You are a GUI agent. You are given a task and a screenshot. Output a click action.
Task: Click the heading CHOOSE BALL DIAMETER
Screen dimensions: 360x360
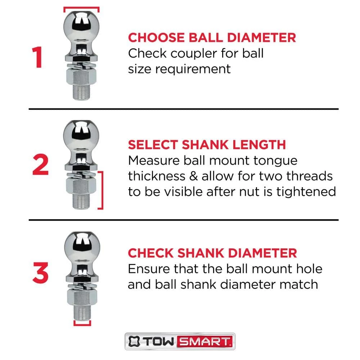point(212,37)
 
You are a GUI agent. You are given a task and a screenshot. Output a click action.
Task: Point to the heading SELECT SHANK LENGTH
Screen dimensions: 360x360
point(207,145)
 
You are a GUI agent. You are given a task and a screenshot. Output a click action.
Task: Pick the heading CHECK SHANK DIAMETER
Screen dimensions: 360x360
point(212,253)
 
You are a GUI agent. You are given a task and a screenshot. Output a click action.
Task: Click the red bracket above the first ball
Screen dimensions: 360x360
point(81,8)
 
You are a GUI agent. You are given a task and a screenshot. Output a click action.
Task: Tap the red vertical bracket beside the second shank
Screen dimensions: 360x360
point(102,190)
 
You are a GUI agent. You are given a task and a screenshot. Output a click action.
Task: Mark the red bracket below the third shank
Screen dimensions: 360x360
point(81,323)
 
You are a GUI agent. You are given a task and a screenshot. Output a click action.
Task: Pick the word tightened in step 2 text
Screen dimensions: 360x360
point(306,192)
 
